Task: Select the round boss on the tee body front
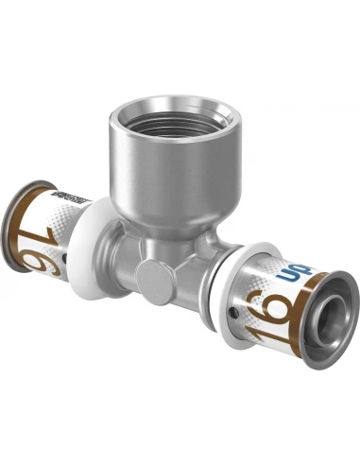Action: point(148,275)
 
